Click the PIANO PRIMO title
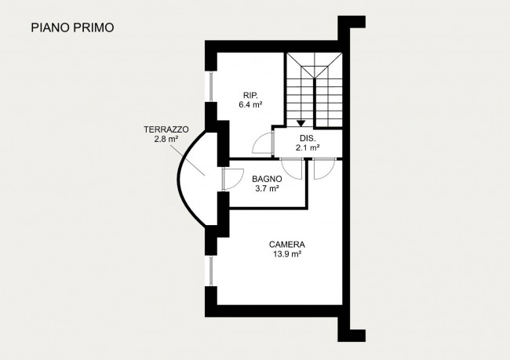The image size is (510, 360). click(72, 27)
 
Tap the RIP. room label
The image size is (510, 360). click(250, 95)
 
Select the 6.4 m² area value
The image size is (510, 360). click(250, 104)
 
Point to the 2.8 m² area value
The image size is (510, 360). click(166, 139)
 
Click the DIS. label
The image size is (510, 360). click(307, 137)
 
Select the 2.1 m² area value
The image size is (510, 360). click(307, 147)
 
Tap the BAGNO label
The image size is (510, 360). click(267, 179)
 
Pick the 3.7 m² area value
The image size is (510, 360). click(267, 188)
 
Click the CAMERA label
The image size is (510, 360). click(287, 244)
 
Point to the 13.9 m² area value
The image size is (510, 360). click(287, 254)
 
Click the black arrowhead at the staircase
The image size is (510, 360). click(301, 123)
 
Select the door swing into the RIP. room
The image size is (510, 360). click(262, 144)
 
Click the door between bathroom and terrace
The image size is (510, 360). click(230, 180)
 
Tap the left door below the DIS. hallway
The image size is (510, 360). click(292, 169)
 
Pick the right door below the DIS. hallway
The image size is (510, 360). click(323, 169)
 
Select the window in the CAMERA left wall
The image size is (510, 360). click(210, 270)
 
